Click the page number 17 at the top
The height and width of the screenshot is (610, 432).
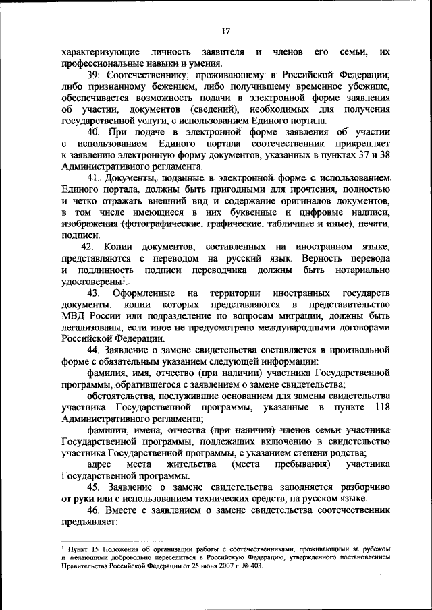click(226, 29)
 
